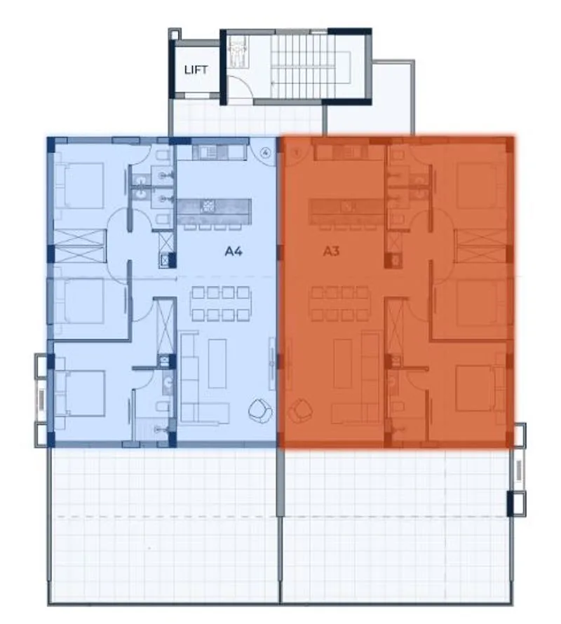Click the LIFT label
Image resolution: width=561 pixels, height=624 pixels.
pyautogui.click(x=196, y=70)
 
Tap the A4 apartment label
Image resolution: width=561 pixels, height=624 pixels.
pyautogui.click(x=234, y=252)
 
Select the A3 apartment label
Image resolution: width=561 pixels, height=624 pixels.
pyautogui.click(x=331, y=252)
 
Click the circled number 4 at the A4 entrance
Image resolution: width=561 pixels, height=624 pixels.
pyautogui.click(x=266, y=152)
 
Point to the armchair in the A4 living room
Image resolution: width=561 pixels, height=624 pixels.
pyautogui.click(x=260, y=410)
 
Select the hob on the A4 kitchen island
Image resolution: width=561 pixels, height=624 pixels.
pyautogui.click(x=208, y=206)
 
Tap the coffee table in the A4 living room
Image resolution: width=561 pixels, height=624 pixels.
pyautogui.click(x=217, y=363)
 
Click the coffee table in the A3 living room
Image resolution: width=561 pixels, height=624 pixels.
pyautogui.click(x=343, y=363)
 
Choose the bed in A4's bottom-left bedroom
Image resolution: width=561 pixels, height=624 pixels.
pyautogui.click(x=81, y=393)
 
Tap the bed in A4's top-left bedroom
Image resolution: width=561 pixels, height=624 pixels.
pyautogui.click(x=80, y=185)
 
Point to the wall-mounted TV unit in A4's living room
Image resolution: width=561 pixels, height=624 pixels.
pyautogui.click(x=272, y=363)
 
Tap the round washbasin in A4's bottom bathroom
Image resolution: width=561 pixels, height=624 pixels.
pyautogui.click(x=168, y=382)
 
